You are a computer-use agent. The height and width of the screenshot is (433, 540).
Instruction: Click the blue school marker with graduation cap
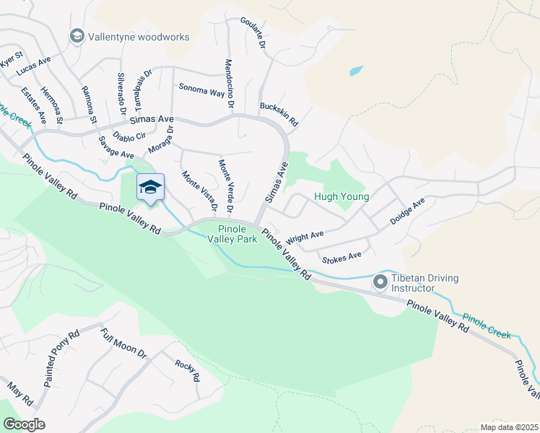click(150, 188)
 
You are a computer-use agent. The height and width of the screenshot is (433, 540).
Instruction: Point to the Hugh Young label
click(341, 196)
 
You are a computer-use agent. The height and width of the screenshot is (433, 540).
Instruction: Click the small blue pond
click(355, 71)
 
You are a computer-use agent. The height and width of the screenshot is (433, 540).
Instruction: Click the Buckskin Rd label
click(279, 113)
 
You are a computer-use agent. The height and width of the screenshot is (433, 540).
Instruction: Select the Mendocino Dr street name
click(230, 84)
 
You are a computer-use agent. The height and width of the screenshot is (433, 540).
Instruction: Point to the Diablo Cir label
click(131, 135)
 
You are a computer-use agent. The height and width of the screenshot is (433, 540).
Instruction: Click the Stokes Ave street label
click(342, 256)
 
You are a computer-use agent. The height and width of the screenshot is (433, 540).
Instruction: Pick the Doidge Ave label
click(407, 212)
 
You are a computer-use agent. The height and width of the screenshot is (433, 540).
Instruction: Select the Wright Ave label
click(304, 237)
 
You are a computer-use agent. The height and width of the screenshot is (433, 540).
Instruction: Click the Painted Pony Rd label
click(61, 359)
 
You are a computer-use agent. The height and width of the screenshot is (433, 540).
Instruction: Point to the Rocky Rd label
click(187, 370)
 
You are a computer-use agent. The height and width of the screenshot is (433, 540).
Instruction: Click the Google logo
click(24, 424)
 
